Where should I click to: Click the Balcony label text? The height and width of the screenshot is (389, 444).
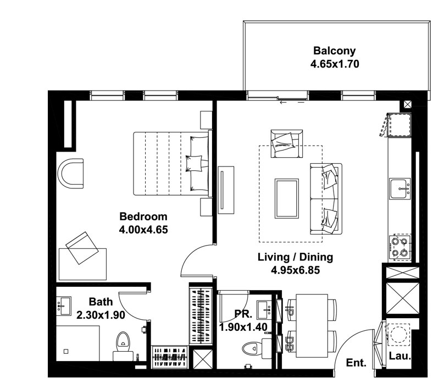coord(335,51)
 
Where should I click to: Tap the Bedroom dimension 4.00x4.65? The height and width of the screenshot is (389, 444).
coord(143,229)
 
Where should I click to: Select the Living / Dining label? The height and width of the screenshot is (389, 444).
coord(295,257)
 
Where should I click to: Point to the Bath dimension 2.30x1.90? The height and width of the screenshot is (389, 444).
coord(101,315)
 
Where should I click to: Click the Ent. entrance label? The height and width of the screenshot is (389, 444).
coord(356,363)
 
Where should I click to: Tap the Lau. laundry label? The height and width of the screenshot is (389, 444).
coord(400,356)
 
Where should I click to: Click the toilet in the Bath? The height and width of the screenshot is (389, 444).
coord(123,346)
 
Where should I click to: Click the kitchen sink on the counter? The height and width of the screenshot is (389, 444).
coord(400,188)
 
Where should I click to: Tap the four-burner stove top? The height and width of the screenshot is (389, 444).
coord(400,247)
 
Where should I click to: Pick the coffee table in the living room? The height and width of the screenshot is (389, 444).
coord(286,198)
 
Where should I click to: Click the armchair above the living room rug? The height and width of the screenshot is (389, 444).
coord(286,143)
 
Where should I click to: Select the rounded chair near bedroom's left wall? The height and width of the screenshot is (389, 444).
coord(70,173)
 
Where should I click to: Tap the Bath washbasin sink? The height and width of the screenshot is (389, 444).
coord(64,306)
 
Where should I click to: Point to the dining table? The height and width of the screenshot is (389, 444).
coord(312,326)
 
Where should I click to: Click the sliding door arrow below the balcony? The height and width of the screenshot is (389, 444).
coord(292,103)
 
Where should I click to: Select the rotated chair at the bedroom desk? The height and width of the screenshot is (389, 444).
coord(82,248)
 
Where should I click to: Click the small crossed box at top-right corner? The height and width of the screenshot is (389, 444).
coord(408,104)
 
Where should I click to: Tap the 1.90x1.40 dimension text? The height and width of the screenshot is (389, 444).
coord(243,327)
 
